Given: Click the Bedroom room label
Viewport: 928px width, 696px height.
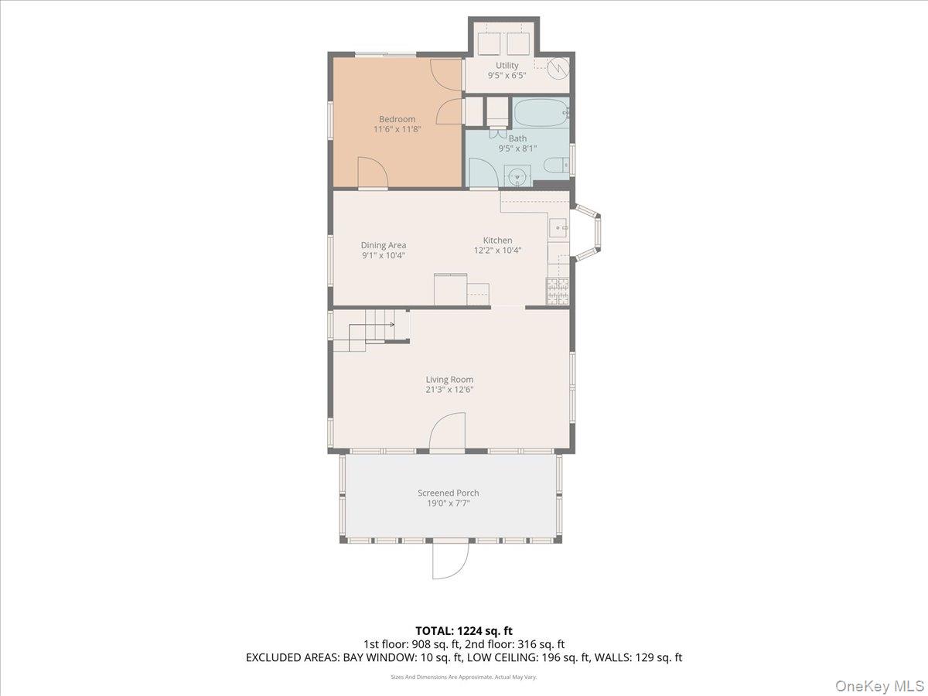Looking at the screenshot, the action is [397, 119].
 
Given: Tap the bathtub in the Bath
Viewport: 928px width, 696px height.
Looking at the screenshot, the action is [540, 112].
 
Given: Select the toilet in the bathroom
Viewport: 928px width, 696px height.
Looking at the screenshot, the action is [557, 165].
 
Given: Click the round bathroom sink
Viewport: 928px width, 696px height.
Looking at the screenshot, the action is [517, 176].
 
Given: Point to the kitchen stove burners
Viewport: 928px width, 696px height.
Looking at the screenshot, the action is [558, 292].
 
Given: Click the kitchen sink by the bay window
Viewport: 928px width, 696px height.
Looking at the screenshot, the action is [559, 228].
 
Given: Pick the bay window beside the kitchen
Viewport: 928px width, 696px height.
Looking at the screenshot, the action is [586, 231].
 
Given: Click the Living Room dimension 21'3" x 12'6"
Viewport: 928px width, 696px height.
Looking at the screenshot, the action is [449, 390].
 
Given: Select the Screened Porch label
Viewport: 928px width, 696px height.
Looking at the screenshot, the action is [448, 493].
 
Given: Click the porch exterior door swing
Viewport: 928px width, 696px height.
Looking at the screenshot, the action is [451, 561].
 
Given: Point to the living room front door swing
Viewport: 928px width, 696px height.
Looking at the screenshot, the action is [447, 431].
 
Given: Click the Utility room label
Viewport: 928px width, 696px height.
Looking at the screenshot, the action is [507, 66].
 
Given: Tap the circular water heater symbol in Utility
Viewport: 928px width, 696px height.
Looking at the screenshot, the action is [558, 67].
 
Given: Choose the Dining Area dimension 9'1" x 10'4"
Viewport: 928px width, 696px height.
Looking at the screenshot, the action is [384, 255].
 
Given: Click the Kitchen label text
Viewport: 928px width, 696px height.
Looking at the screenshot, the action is [497, 240].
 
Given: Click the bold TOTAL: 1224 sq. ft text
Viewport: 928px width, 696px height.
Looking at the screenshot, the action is [464, 631].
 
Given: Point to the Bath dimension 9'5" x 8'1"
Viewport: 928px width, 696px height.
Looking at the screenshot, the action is [517, 148].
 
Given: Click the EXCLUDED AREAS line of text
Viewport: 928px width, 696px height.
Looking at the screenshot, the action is [464, 657].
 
